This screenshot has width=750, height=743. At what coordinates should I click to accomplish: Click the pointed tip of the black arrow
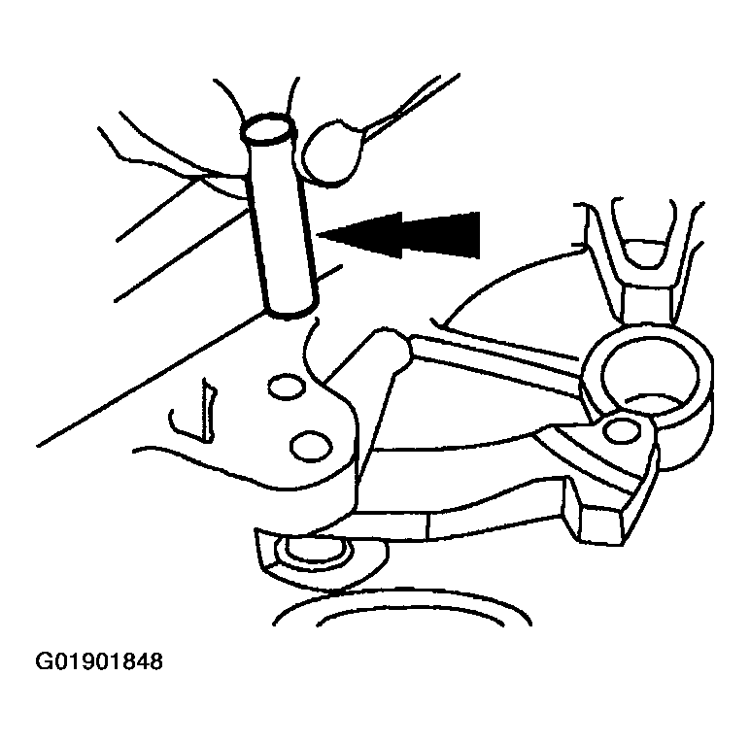(318, 234)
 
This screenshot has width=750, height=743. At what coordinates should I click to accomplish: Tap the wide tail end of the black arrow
(478, 235)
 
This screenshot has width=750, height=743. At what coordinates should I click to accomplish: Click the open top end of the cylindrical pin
(267, 129)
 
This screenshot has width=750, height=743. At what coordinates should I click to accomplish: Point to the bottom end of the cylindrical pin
(290, 311)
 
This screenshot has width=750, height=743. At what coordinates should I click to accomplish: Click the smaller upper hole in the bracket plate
(287, 388)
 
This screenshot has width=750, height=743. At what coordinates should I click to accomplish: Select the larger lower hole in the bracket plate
(312, 446)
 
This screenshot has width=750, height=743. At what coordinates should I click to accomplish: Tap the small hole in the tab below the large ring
(622, 430)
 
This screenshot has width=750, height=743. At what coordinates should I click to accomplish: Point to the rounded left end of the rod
(390, 347)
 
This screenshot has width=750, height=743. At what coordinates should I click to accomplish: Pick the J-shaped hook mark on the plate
(193, 411)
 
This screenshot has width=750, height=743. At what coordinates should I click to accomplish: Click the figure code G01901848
(99, 661)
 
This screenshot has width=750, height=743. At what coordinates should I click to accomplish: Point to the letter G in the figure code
(44, 661)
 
